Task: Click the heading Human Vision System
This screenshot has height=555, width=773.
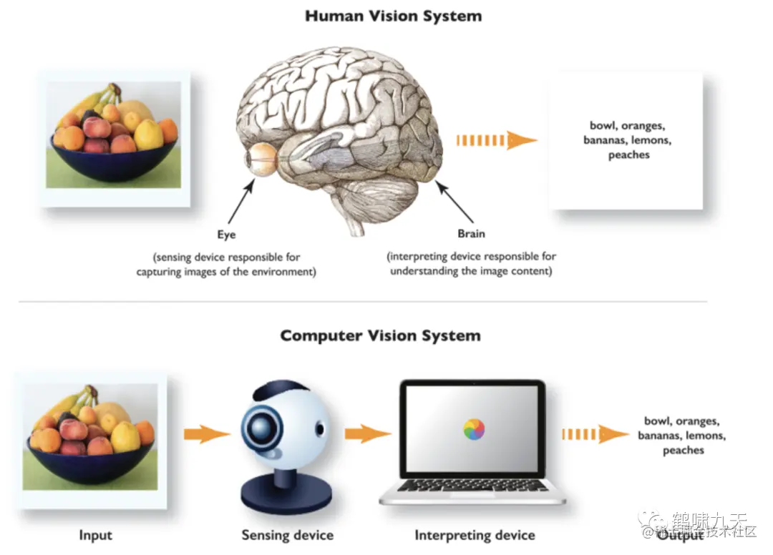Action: point(393,16)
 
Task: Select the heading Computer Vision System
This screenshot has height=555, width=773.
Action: point(380,335)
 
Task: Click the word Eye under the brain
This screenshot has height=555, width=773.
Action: point(226,234)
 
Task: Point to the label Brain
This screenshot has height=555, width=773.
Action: point(471,234)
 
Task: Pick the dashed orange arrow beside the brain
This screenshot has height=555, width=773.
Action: point(496,140)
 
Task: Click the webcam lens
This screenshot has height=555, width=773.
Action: point(258,427)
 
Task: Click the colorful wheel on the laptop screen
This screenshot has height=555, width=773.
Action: point(474,429)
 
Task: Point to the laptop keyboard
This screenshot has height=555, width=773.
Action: point(473,486)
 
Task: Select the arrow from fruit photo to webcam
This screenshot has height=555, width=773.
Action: point(206,433)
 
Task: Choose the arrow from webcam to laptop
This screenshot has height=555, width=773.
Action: point(367,433)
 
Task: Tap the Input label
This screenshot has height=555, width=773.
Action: point(95,535)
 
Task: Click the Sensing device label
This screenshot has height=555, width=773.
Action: point(287,535)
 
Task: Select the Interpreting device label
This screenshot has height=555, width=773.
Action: point(475,535)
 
